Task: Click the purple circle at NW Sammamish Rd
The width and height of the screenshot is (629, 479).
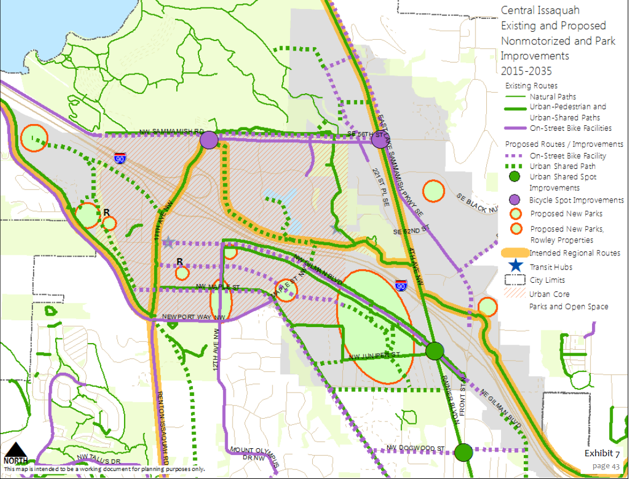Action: click(x=209, y=140)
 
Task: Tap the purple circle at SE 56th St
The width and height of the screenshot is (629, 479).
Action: click(x=379, y=139)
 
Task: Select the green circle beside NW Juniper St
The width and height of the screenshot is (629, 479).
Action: click(x=435, y=350)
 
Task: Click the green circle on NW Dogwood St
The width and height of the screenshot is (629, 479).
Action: click(x=464, y=453)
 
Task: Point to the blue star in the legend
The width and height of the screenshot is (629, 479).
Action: click(x=514, y=266)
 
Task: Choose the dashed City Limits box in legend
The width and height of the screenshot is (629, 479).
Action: click(x=514, y=280)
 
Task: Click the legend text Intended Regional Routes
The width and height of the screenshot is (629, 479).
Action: click(x=574, y=253)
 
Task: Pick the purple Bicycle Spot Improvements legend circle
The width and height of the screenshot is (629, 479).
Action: click(x=515, y=200)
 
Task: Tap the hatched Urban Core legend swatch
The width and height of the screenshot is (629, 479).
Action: click(x=514, y=294)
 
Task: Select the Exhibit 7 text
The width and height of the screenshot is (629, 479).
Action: click(x=602, y=453)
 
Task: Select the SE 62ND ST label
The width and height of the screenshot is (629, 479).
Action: click(x=409, y=232)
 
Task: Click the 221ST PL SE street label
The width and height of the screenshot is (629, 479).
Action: click(x=380, y=188)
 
